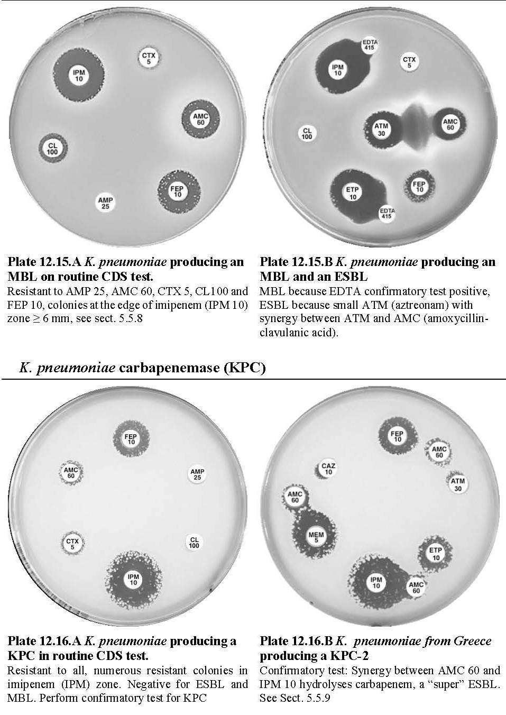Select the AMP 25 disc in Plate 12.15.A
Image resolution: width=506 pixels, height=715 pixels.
pyautogui.click(x=105, y=203)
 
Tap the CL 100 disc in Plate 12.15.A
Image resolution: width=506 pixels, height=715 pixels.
pyautogui.click(x=53, y=149)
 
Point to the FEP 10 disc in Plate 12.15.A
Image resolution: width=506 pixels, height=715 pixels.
pyautogui.click(x=178, y=191)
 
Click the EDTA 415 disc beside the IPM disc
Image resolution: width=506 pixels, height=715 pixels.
pyautogui.click(x=370, y=45)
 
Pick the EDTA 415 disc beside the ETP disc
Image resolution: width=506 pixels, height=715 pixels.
pyautogui.click(x=387, y=213)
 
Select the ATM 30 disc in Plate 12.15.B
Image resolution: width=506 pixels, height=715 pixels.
pyautogui.click(x=381, y=129)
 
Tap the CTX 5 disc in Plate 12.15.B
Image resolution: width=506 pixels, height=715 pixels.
pyautogui.click(x=409, y=62)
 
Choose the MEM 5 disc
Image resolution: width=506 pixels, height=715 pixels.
pyautogui.click(x=316, y=537)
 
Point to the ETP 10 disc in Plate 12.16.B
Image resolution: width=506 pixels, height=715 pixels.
pyautogui.click(x=436, y=554)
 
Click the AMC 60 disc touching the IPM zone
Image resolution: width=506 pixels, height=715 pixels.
pyautogui.click(x=416, y=587)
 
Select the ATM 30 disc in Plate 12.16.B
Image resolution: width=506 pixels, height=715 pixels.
pyautogui.click(x=458, y=484)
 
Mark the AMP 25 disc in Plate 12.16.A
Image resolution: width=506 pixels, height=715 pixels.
pyautogui.click(x=197, y=474)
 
